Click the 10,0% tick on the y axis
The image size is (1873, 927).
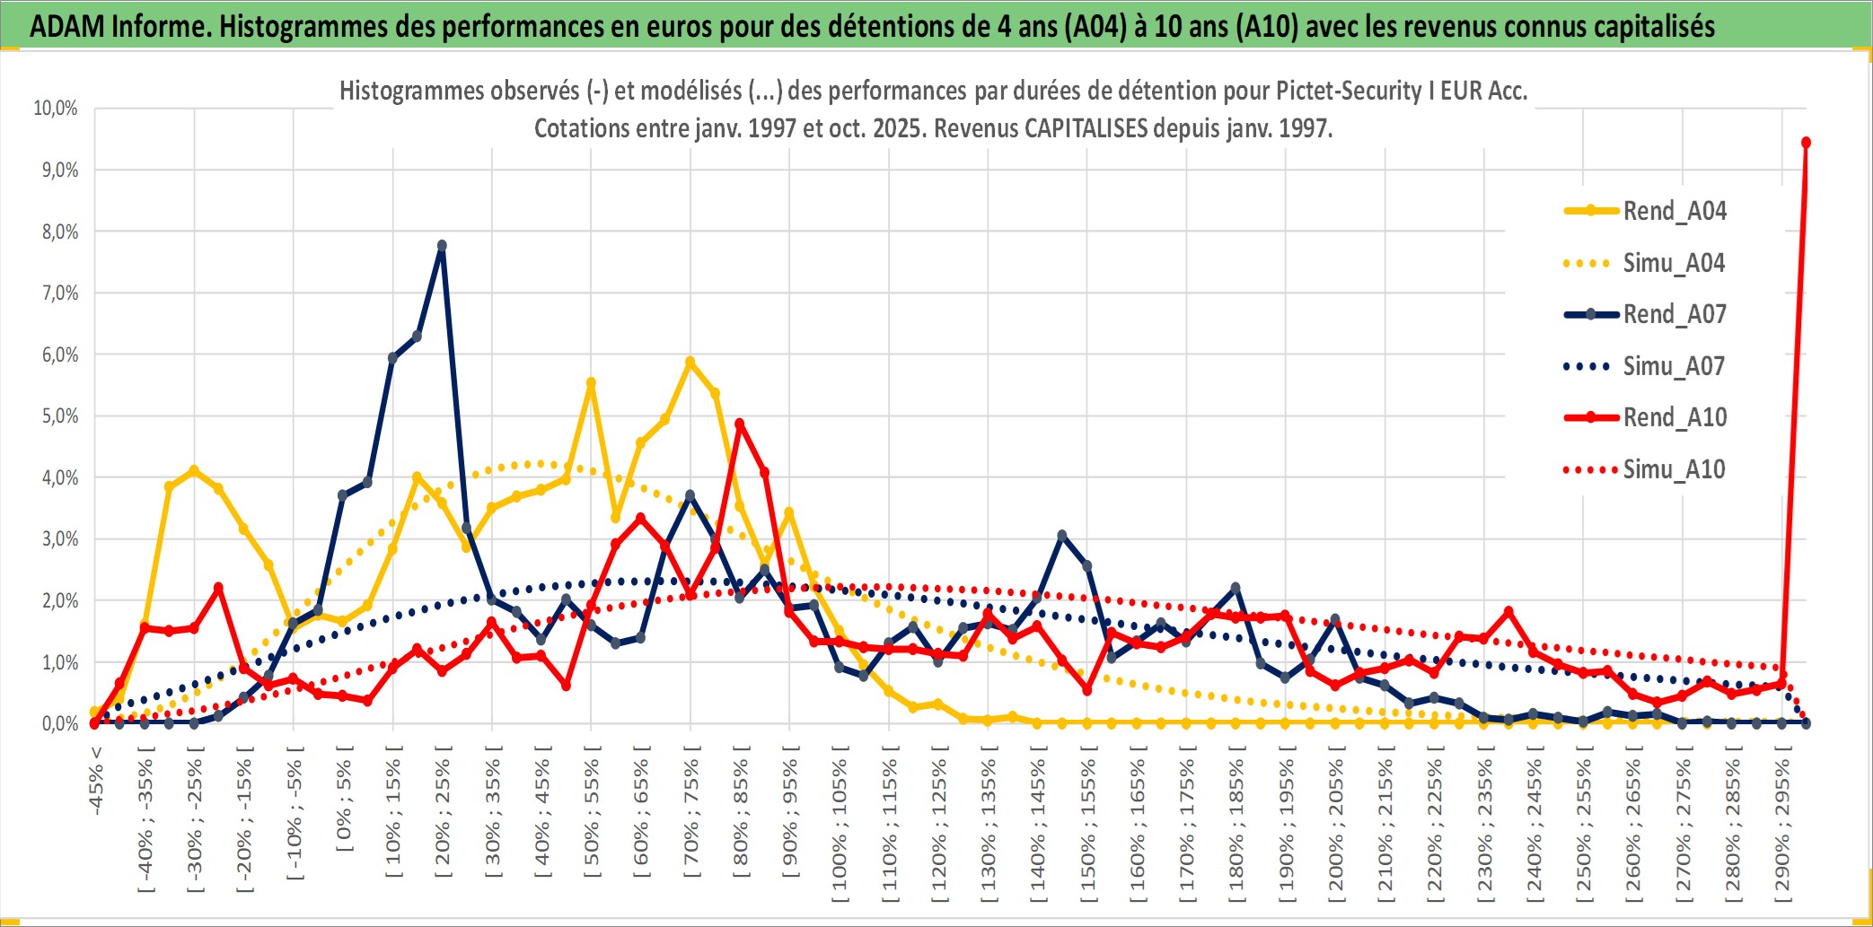(x=56, y=109)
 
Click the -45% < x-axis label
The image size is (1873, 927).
(x=96, y=781)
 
